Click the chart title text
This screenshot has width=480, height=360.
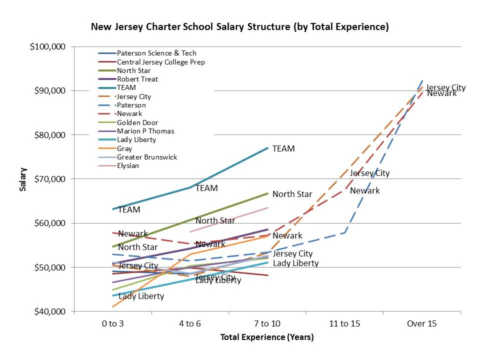point(239,27)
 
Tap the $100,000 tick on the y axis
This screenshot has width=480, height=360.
point(48,47)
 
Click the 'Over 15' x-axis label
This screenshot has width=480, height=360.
point(421,323)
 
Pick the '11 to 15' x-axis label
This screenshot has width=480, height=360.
point(344,323)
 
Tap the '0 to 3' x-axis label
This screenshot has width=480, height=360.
point(112,323)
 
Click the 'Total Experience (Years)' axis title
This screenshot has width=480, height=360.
point(267,337)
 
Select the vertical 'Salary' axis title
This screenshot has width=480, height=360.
point(23,179)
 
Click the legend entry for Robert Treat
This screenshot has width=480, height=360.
point(137,79)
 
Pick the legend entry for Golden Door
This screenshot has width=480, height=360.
point(137,122)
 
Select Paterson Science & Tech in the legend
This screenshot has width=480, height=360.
point(156,53)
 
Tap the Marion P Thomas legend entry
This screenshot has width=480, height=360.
point(145,131)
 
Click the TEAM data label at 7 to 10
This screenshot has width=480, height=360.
point(283,148)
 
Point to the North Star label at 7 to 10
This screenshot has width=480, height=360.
point(292,194)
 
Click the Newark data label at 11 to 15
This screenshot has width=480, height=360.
point(364,190)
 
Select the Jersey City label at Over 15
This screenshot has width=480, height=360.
point(445,88)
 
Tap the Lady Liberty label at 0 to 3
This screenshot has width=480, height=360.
point(141,296)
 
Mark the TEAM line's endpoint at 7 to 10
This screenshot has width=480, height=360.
point(268,148)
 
